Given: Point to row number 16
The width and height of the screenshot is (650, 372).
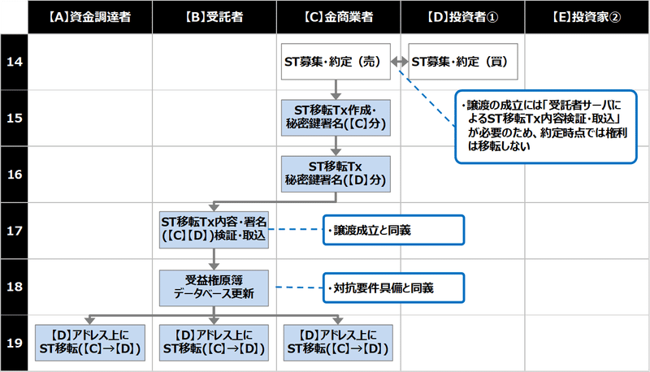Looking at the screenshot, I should click(14, 173).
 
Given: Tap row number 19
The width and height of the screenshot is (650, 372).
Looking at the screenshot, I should click(14, 342).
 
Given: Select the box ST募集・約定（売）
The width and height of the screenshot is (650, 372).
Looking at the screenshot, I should click(336, 62).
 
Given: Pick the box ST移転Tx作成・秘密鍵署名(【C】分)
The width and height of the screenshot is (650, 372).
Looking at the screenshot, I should click(336, 116).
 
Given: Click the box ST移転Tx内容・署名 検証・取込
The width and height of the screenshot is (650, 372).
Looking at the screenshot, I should click(214, 229).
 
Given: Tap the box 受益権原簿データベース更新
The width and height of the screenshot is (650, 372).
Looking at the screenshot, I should click(214, 286).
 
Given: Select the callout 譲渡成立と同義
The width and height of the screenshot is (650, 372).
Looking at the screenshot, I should click(392, 231).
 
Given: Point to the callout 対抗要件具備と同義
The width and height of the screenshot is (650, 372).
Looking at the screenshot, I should click(392, 286).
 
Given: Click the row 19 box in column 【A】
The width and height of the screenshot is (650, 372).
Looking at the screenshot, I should click(90, 342).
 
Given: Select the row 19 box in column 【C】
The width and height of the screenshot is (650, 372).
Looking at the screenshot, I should click(336, 342).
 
